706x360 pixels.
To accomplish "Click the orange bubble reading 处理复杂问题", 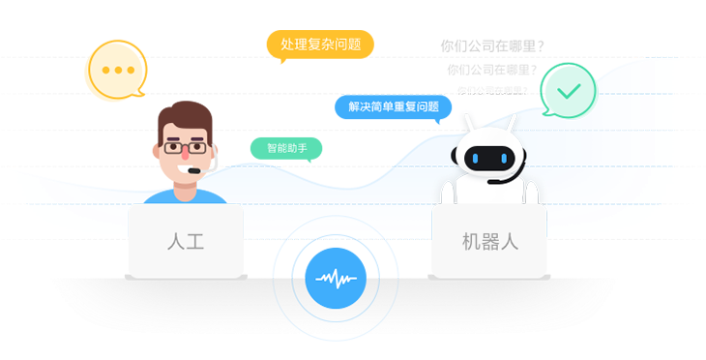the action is coord(319,45).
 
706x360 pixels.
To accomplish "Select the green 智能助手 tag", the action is coord(285,149).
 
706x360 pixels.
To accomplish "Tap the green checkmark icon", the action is coord(568,91).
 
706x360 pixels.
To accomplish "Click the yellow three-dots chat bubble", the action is coord(116,71).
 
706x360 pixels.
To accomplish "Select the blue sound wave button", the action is coord(334,280).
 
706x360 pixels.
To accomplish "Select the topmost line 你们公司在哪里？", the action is coord(491,45).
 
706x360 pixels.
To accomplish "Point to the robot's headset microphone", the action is coord(496,181).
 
